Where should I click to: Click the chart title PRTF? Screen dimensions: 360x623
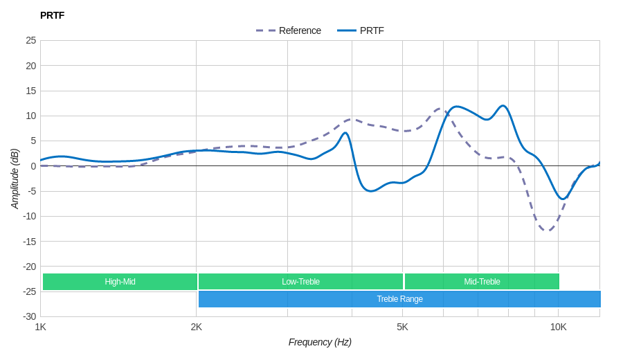[x=52, y=15]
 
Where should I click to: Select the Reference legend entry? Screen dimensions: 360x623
[x=289, y=30]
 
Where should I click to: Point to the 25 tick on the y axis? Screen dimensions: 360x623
[x=30, y=40]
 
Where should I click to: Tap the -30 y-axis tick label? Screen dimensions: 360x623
[x=29, y=316]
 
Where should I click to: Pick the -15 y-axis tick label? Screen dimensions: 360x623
[x=29, y=241]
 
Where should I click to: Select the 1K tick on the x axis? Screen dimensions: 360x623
[x=41, y=327]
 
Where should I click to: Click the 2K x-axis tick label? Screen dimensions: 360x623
[x=197, y=327]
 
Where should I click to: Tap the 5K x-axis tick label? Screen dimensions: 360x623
[x=402, y=327]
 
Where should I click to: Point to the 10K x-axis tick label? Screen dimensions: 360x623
[x=558, y=327]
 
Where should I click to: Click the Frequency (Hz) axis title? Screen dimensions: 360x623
[x=320, y=342]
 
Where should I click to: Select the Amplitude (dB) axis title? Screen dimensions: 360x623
[x=15, y=179]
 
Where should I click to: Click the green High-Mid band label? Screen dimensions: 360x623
[x=120, y=282]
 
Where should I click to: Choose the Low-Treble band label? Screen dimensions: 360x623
[x=300, y=282]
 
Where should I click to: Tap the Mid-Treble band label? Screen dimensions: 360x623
[x=482, y=282]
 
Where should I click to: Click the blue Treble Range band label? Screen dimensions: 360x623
[x=399, y=299]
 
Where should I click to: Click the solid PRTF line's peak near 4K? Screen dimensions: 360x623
[x=345, y=133]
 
